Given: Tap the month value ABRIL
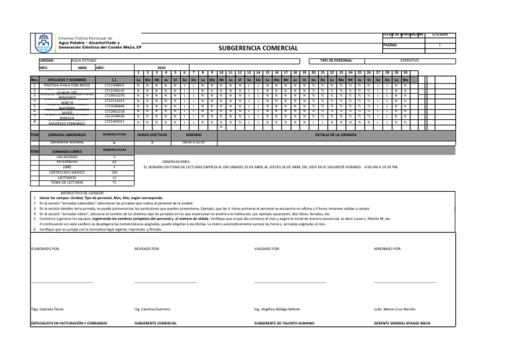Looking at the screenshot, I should (82, 68).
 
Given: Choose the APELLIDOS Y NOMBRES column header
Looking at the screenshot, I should (66, 80).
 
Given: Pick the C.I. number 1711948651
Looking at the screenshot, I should (115, 86).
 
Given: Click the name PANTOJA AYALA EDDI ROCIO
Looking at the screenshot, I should (66, 86).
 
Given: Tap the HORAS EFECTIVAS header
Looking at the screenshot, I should (152, 135).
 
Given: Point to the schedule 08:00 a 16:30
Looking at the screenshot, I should (194, 142).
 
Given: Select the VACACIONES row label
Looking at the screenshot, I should (67, 157).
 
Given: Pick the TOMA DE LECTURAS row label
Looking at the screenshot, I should (67, 182).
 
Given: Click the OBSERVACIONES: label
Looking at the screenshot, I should (176, 161).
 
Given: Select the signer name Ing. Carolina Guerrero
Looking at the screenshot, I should (152, 309).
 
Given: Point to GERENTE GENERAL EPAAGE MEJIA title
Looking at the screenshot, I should (402, 323).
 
